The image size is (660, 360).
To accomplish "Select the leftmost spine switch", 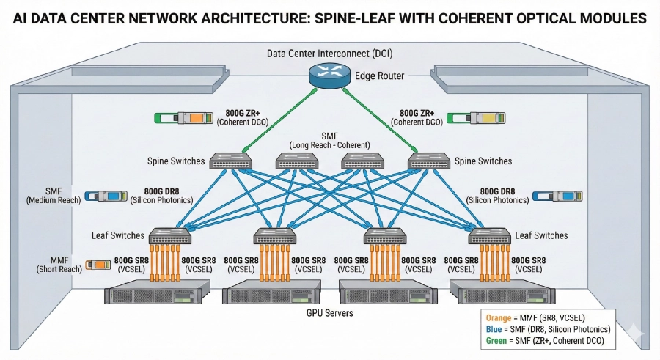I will coord(232,161).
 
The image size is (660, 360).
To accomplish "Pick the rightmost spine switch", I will coord(428,161).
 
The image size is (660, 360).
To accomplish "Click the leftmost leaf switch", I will coord(170,236).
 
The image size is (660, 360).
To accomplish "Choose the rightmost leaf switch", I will coord(490,236).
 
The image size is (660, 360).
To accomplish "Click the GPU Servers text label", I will coord(329,313).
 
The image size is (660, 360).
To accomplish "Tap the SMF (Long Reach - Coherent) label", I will coord(329,141).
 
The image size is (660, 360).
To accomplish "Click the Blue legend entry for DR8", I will coord(547,329).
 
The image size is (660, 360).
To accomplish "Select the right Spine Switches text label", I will coord(483,161).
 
